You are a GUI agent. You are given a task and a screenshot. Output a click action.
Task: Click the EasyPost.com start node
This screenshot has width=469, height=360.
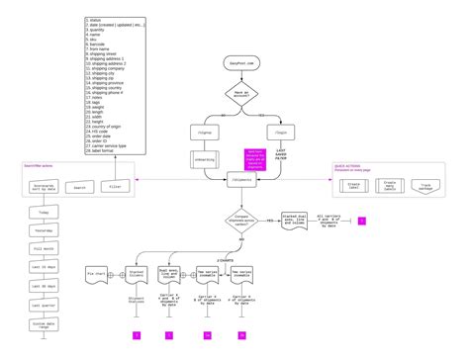pyautogui.click(x=240, y=62)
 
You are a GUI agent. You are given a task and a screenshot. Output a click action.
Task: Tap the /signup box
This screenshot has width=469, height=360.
pyautogui.click(x=207, y=130)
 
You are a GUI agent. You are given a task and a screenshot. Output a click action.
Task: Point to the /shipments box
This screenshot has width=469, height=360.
pyautogui.click(x=241, y=182)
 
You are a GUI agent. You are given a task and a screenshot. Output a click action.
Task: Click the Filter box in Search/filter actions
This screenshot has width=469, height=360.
pyautogui.click(x=115, y=185)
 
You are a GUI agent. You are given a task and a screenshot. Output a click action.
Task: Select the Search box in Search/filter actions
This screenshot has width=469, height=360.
pyautogui.click(x=81, y=186)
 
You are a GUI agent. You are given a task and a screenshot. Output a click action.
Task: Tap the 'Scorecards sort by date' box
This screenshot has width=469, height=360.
pyautogui.click(x=44, y=185)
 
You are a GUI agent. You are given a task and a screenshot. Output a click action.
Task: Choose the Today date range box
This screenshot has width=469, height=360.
pyautogui.click(x=44, y=213)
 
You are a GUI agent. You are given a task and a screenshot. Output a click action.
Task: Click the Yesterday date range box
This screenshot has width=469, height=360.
pyautogui.click(x=44, y=232)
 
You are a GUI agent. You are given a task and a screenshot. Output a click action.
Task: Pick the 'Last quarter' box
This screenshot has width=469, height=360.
pyautogui.click(x=44, y=305)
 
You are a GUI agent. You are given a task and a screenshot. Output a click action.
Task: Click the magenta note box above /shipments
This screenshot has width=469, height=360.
pyautogui.click(x=253, y=157)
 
